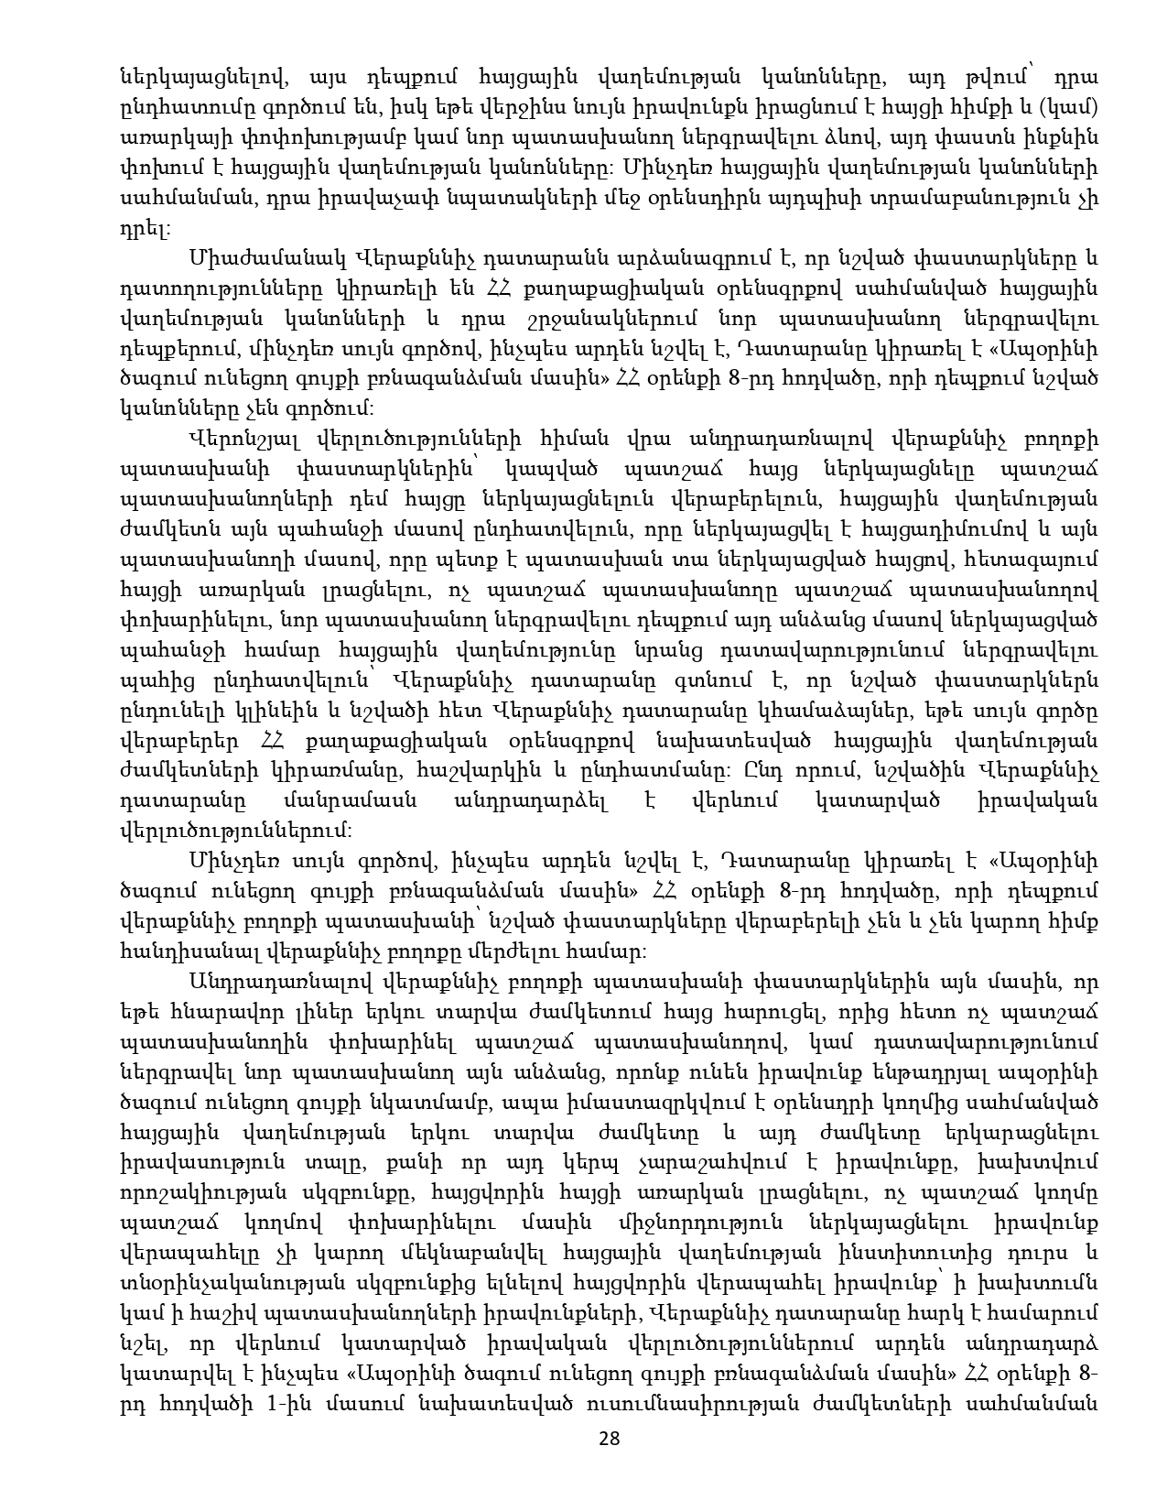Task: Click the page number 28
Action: [610, 1439]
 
